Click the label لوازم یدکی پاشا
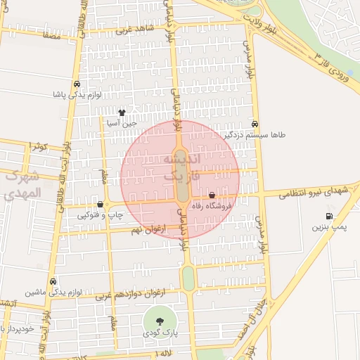point(77,94)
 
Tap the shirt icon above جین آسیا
point(122,111)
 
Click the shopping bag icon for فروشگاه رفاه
point(212,195)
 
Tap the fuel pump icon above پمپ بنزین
point(328,216)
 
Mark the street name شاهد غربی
point(134,30)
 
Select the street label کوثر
point(38,147)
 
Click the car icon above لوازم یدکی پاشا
point(77,84)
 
